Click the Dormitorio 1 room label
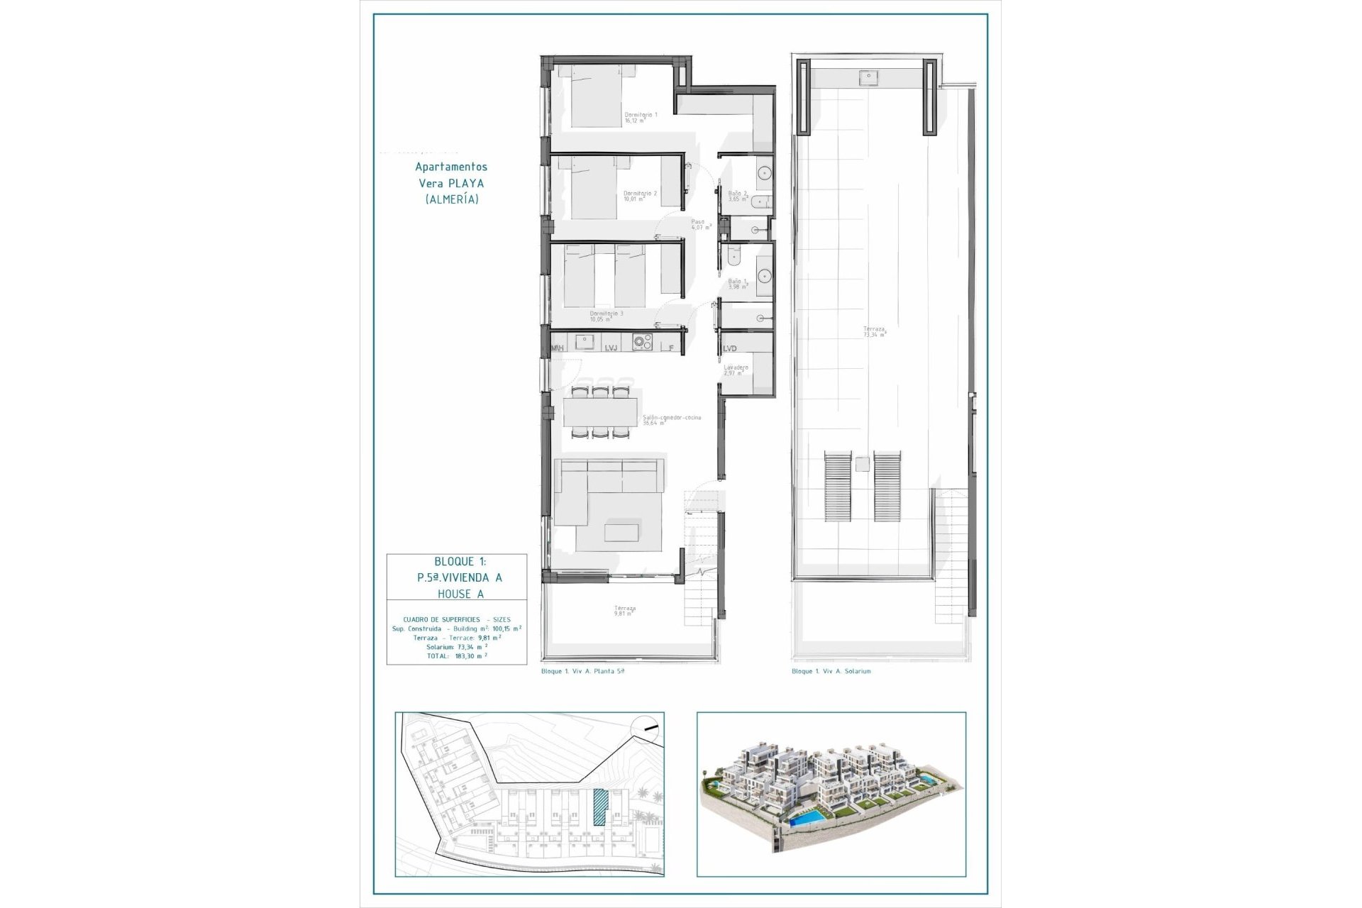click(x=640, y=117)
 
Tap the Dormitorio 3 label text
click(x=607, y=316)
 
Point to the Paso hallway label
click(x=699, y=224)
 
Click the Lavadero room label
click(x=736, y=370)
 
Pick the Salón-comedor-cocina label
click(x=671, y=420)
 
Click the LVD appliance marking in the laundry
click(x=730, y=348)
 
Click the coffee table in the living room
click(x=621, y=532)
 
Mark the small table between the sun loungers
click(x=862, y=465)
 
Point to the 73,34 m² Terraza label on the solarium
click(x=874, y=331)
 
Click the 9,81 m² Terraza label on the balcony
click(x=625, y=611)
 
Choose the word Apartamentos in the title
click(x=451, y=167)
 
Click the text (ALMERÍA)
click(x=452, y=199)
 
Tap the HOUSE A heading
click(x=460, y=594)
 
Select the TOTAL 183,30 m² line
click(x=457, y=656)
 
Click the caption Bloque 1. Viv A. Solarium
click(x=831, y=671)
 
